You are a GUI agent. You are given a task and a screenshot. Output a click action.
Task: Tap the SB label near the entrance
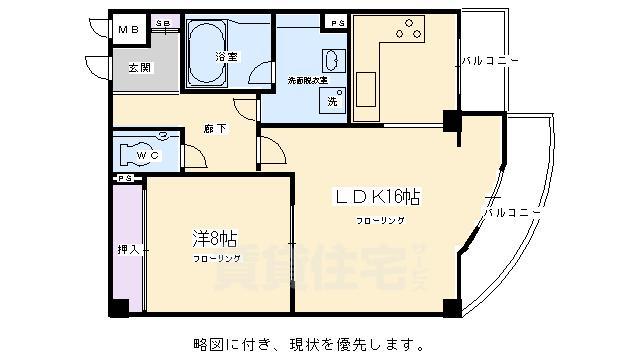point(164,22)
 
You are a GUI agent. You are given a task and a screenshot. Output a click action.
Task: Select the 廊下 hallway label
point(214,128)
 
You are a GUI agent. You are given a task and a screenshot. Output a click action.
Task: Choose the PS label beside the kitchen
point(333,22)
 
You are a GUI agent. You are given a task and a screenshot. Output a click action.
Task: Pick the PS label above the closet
point(124,178)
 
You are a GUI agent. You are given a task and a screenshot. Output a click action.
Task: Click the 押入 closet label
point(127,248)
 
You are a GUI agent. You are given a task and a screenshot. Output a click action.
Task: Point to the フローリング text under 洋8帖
point(217,259)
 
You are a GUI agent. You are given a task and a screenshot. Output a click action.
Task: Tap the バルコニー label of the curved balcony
point(512,212)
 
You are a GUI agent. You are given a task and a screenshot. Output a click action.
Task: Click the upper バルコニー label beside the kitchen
point(490,61)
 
